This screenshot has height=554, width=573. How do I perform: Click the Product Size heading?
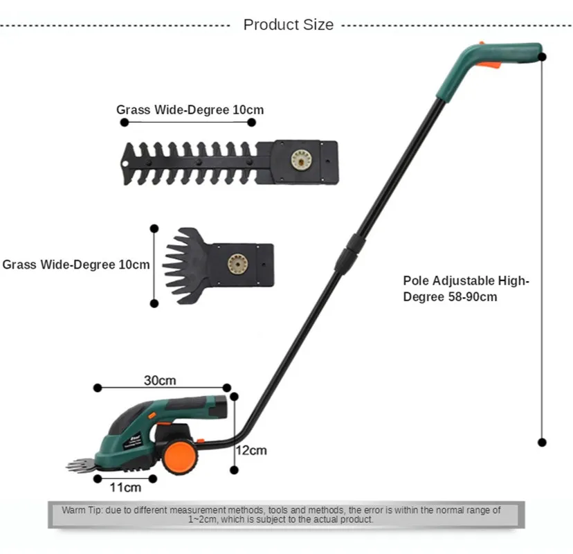tap(288, 25)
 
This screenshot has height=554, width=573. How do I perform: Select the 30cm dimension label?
tap(159, 380)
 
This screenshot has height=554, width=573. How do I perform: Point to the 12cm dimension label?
tap(250, 450)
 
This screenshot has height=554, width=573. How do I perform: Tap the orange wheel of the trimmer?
tap(179, 458)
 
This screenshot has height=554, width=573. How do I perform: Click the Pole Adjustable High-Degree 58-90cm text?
tap(466, 289)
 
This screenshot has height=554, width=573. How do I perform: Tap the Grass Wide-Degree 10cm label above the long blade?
tap(190, 109)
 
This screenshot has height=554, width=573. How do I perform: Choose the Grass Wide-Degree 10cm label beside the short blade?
tap(76, 265)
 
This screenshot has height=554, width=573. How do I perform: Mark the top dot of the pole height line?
tap(542, 56)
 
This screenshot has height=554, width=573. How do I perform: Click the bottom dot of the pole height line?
tap(542, 442)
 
